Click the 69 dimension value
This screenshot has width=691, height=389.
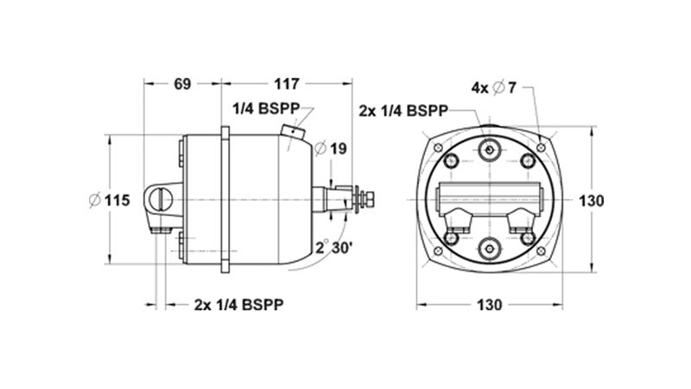click(182, 85)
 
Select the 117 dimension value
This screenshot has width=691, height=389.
click(285, 85)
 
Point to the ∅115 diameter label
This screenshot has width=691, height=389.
click(109, 201)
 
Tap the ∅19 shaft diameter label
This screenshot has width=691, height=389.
click(332, 149)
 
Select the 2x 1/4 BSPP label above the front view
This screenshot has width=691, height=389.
click(403, 111)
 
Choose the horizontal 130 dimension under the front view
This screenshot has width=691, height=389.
click(489, 305)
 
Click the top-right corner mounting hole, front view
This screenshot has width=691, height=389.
click(541, 149)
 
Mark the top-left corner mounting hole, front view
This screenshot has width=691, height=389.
click(438, 149)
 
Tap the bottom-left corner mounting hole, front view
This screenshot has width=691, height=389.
click(438, 252)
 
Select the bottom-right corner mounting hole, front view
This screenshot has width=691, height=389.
click(541, 252)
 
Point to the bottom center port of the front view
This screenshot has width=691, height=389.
click(490, 249)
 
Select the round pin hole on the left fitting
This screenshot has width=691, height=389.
click(161, 200)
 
